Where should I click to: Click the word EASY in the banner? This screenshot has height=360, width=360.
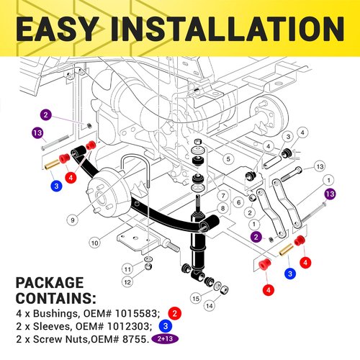(57, 29)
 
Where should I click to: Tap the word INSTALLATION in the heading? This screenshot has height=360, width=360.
(228, 29)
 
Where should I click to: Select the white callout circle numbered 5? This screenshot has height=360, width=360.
(228, 158)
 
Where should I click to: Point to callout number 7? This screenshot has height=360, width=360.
(223, 196)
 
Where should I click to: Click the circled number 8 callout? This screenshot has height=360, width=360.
(222, 208)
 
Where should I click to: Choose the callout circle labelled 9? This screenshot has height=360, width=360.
(73, 220)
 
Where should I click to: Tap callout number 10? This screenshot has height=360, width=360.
(95, 243)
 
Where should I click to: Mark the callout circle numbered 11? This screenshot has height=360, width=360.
(127, 269)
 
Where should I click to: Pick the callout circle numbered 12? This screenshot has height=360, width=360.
(127, 282)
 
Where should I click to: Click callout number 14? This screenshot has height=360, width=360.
(210, 306)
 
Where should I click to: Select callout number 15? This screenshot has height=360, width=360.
(196, 298)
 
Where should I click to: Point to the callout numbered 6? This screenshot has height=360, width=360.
(238, 202)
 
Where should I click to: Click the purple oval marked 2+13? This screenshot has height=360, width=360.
(165, 339)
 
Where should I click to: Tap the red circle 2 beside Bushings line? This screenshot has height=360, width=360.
(175, 313)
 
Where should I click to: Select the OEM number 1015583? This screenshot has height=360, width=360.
(136, 313)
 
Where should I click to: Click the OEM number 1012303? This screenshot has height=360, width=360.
(129, 326)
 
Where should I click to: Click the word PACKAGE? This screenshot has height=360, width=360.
(50, 283)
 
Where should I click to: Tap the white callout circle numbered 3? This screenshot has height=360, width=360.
(288, 137)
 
